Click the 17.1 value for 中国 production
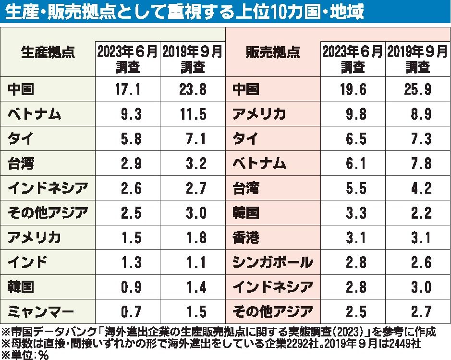127,89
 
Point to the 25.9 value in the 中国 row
417,89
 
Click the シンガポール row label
272,262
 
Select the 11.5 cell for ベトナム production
192,114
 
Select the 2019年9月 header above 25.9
417,59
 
